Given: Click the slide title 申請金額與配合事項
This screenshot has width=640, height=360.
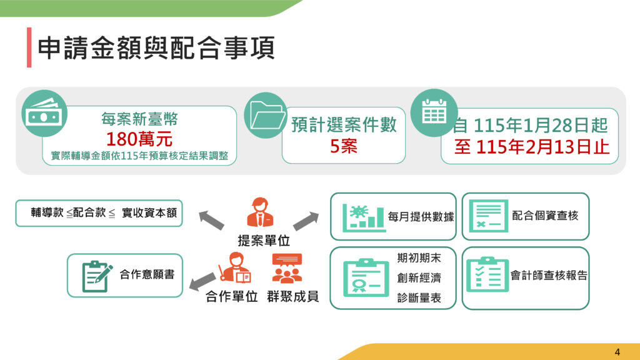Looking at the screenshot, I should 156,48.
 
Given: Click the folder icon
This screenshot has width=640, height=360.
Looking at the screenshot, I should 264,115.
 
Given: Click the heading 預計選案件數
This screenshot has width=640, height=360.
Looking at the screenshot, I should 344,124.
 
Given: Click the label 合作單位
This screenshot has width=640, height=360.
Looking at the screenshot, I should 231,297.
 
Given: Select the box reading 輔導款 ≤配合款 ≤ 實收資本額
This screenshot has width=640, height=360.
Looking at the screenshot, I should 99,213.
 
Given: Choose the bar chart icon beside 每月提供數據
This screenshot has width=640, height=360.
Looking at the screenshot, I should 363,216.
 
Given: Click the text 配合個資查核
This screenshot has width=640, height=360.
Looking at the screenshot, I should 545,216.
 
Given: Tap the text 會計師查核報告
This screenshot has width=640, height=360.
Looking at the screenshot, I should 549,276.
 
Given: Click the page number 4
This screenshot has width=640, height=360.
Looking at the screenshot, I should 617,351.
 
